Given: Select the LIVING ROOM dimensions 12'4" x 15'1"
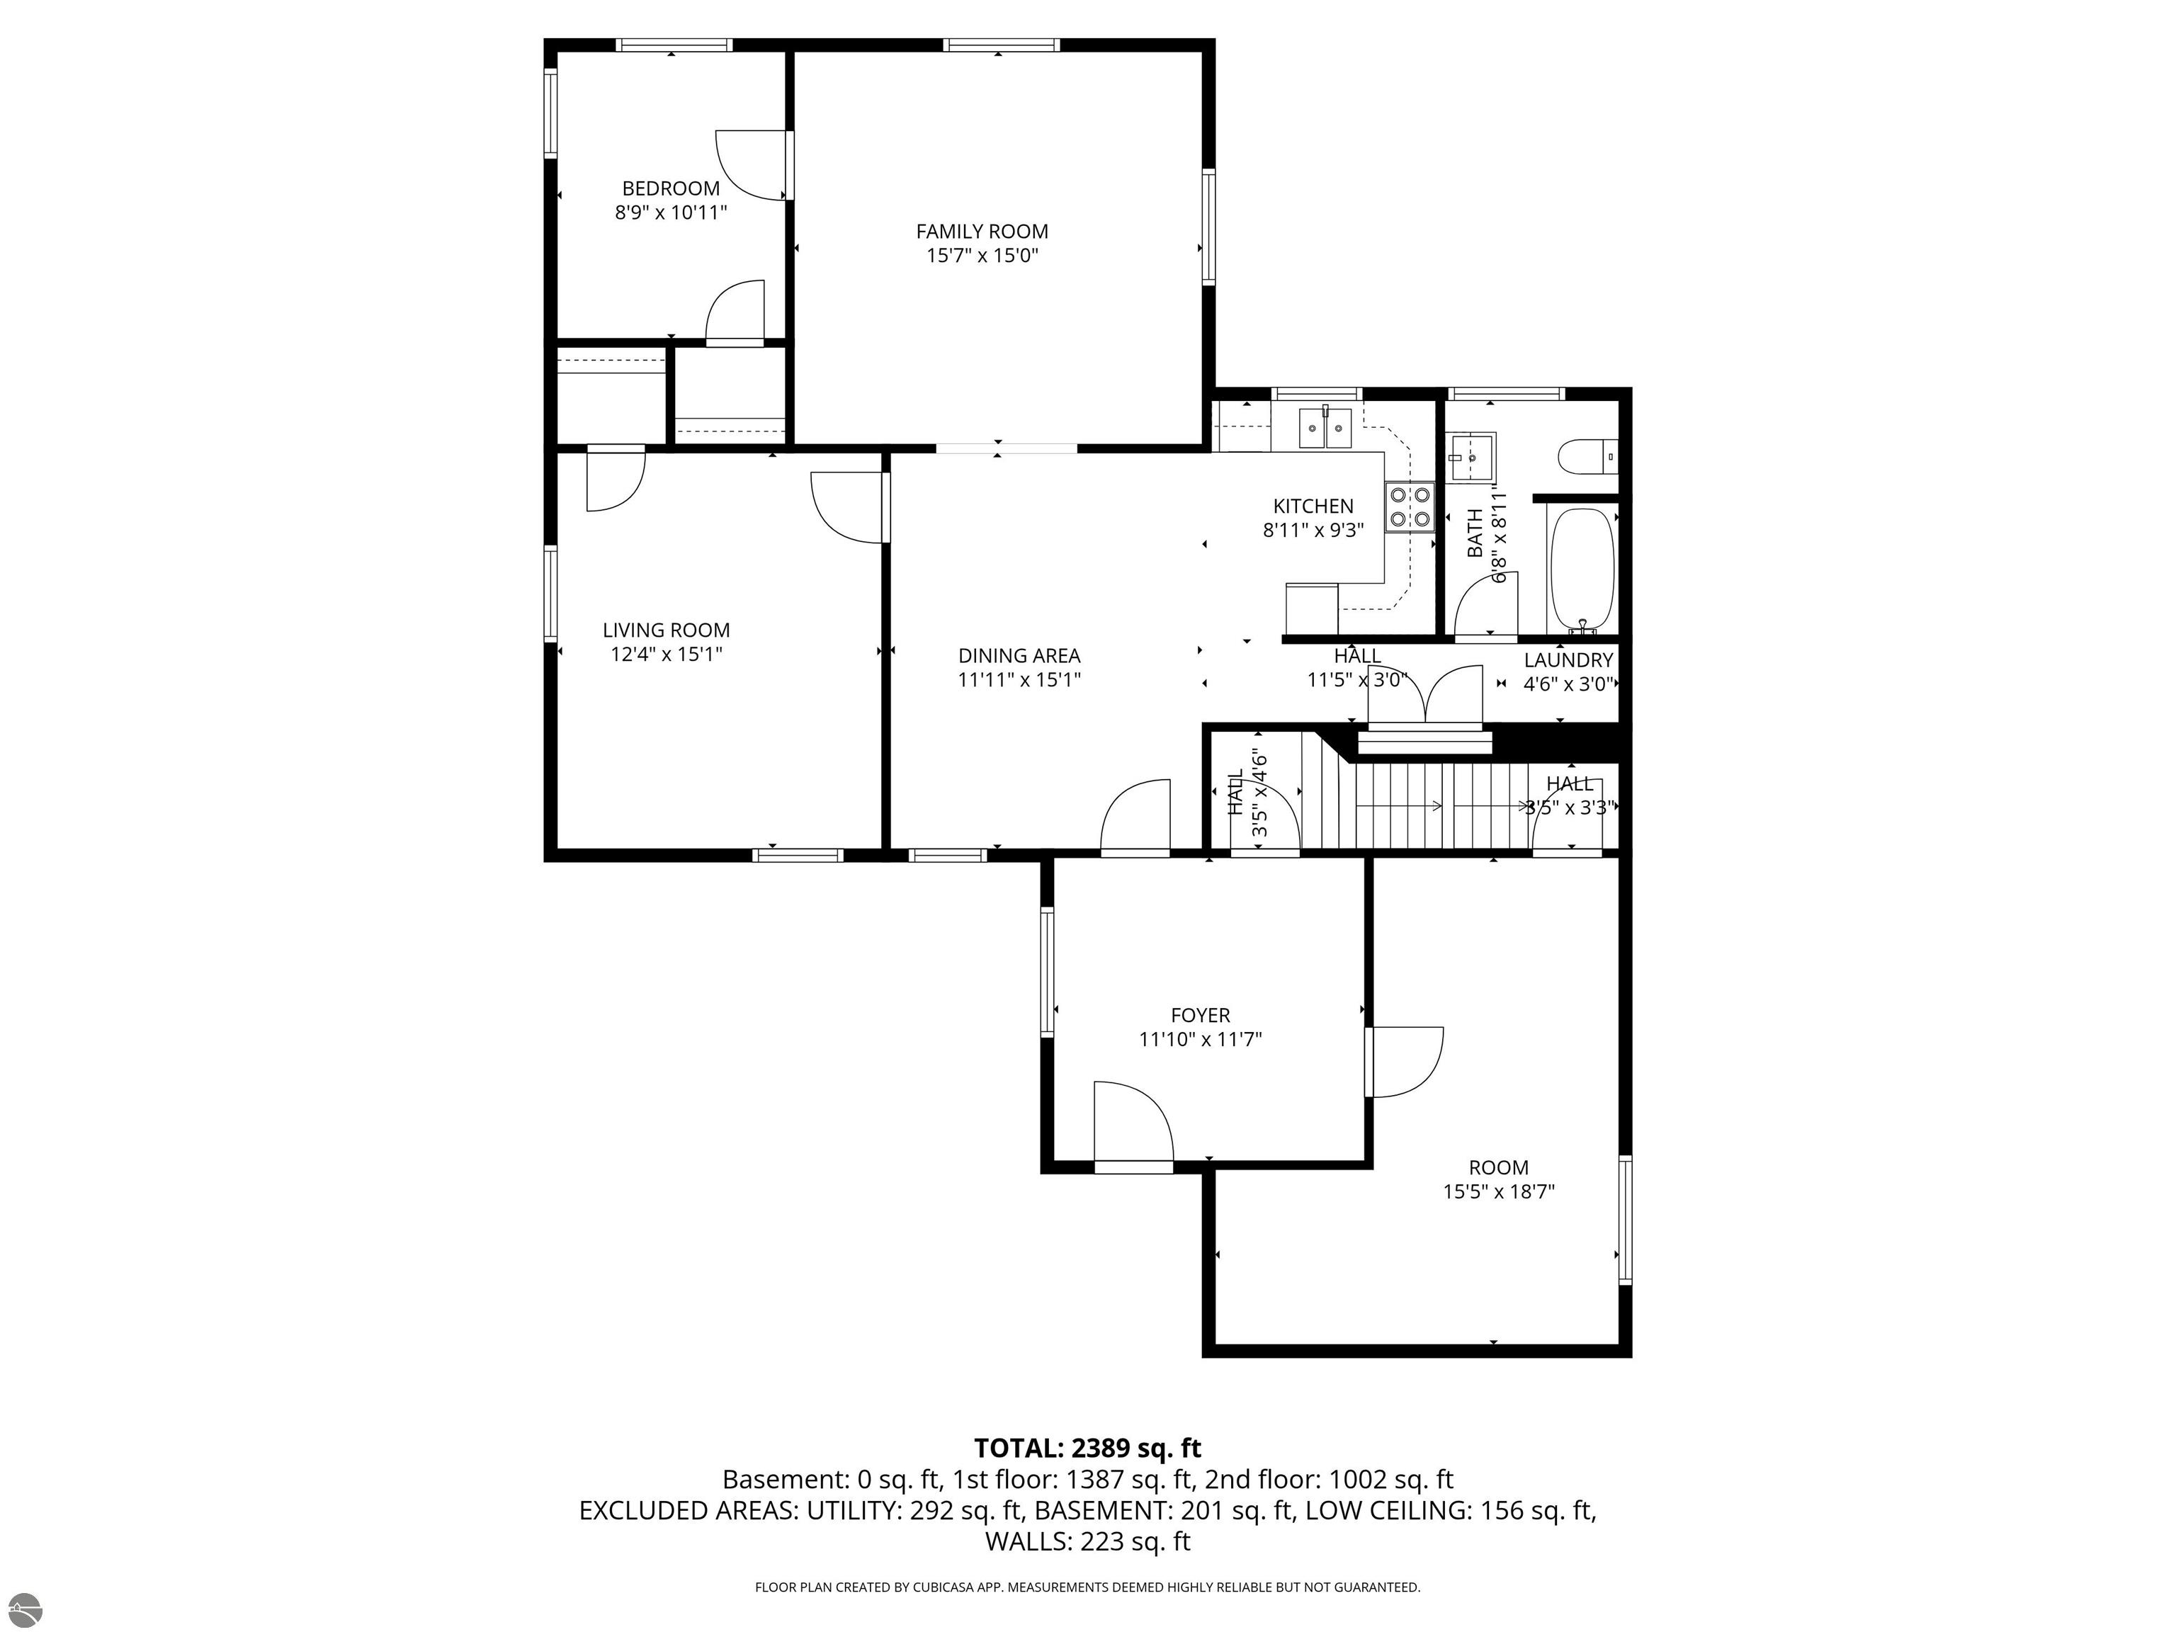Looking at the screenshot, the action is (667, 654).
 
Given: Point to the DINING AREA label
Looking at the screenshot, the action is (1019, 656).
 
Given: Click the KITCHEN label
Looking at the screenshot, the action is (1313, 506).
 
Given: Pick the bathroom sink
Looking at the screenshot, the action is (1472, 458).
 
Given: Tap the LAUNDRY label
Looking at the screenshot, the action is (1569, 661).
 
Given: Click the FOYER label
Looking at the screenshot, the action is (1200, 1015).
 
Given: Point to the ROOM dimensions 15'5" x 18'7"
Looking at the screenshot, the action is (1498, 1192).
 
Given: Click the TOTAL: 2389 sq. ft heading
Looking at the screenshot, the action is (1087, 1448).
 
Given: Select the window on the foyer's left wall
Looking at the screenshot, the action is (1047, 972).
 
